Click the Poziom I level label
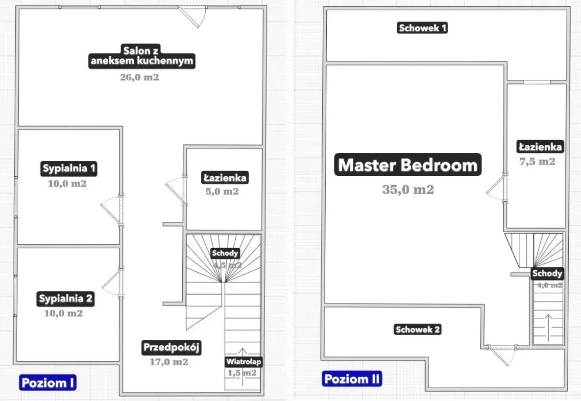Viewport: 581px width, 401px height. pyautogui.click(x=48, y=382)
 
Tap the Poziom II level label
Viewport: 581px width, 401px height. pyautogui.click(x=352, y=378)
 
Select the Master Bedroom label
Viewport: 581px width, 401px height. pyautogui.click(x=408, y=165)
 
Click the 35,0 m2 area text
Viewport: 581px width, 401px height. pyautogui.click(x=408, y=189)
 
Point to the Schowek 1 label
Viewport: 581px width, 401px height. pyautogui.click(x=422, y=28)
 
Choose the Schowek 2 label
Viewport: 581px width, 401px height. pyautogui.click(x=418, y=330)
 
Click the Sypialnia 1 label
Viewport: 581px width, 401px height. pyautogui.click(x=69, y=169)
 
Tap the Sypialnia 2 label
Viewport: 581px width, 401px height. pyautogui.click(x=66, y=298)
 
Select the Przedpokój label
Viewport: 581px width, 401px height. pyautogui.click(x=172, y=348)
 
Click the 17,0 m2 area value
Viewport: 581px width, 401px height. pyautogui.click(x=169, y=362)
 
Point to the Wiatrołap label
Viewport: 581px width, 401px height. pyautogui.click(x=243, y=362)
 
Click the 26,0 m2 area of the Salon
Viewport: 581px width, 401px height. pyautogui.click(x=139, y=77)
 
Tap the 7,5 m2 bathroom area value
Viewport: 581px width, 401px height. pyautogui.click(x=537, y=162)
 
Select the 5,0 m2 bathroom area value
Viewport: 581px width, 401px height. pyautogui.click(x=222, y=191)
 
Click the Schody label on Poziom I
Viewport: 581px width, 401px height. pyautogui.click(x=225, y=253)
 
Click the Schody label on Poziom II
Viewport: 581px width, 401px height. pyautogui.click(x=547, y=273)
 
